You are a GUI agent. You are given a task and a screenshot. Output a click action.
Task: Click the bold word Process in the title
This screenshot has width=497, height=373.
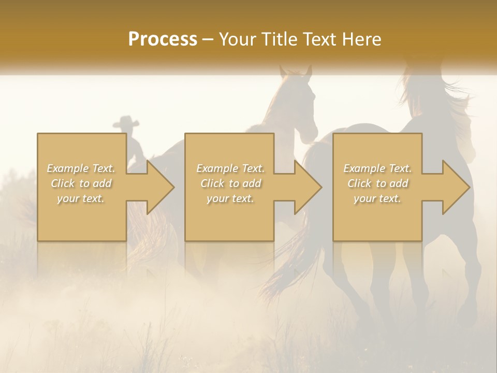[163, 39]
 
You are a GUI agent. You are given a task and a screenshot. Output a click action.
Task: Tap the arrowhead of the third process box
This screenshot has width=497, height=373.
[455, 187]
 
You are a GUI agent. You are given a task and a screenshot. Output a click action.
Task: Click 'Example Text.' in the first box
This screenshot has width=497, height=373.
[81, 168]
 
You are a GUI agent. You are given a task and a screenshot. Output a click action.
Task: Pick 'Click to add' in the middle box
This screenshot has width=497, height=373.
[230, 183]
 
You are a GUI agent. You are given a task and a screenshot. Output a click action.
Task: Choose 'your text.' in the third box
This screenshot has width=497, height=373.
[377, 198]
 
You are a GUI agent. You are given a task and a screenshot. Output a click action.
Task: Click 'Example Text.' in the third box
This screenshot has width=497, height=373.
[377, 168]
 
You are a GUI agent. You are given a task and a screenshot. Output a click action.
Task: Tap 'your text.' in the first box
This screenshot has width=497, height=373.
[81, 198]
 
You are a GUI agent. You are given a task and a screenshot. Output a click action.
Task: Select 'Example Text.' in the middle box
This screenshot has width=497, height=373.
[230, 168]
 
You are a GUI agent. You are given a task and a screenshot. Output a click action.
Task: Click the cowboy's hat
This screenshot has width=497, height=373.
[126, 122]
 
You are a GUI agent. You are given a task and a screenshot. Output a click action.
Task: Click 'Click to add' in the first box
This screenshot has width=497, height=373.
[81, 183]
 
